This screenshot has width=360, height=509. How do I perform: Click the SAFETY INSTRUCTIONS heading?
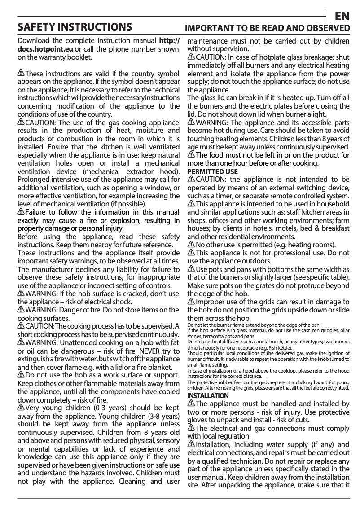(75, 28)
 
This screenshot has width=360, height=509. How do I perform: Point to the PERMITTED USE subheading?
(212, 171)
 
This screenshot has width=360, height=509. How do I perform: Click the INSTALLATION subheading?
(208, 395)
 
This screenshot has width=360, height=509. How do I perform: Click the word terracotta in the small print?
(215, 335)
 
